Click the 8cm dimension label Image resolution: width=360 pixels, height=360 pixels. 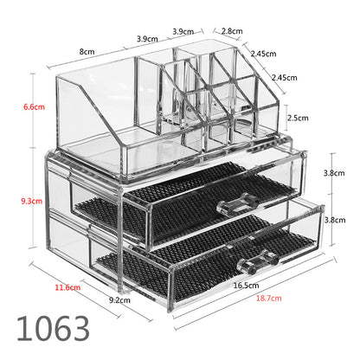click(87, 52)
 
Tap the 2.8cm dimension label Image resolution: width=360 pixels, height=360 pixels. click(232, 31)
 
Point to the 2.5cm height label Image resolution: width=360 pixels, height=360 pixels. click(298, 118)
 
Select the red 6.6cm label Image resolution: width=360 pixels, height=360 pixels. click(34, 107)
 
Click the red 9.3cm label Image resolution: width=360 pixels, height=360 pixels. click(31, 201)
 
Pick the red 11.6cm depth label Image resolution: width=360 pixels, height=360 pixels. click(67, 287)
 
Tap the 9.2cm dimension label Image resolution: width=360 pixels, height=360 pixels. click(119, 300)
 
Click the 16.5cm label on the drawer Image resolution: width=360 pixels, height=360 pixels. click(246, 286)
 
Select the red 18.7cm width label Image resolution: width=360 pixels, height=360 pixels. click(268, 298)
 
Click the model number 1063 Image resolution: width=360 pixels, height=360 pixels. click(53, 329)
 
